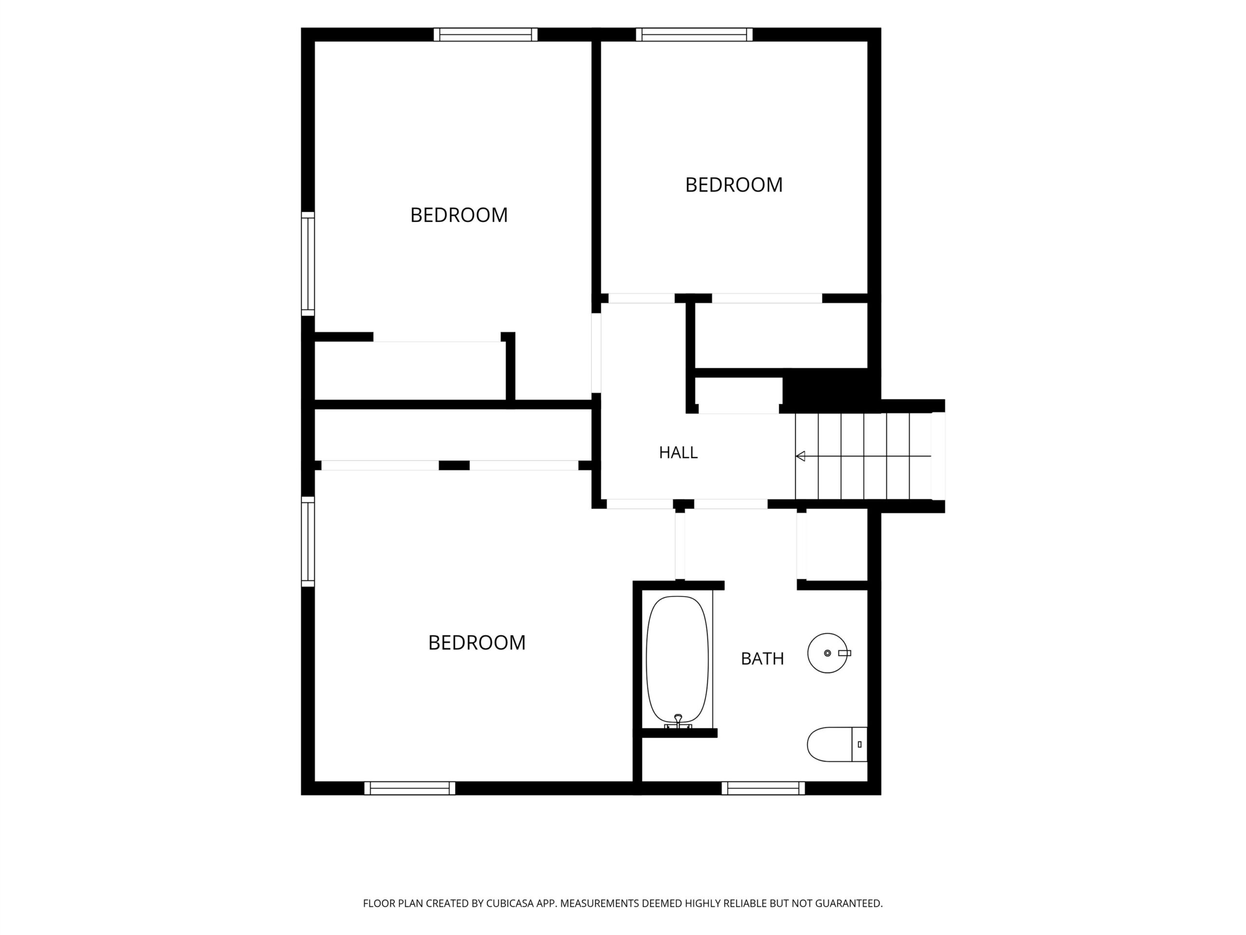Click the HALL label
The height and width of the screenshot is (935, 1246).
pyautogui.click(x=678, y=452)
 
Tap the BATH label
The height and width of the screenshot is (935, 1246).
pyautogui.click(x=762, y=658)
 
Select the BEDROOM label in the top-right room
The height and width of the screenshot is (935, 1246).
pyautogui.click(x=733, y=185)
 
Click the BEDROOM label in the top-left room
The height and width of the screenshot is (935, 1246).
pyautogui.click(x=458, y=215)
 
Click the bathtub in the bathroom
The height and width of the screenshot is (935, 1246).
pyautogui.click(x=677, y=660)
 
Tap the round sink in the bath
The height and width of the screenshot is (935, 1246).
pyautogui.click(x=827, y=653)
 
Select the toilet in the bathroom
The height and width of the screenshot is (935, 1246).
pyautogui.click(x=837, y=745)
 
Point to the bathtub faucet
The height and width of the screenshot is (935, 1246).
pyautogui.click(x=678, y=721)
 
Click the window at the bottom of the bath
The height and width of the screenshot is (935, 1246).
pyautogui.click(x=763, y=788)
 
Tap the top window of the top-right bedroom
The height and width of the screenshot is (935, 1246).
pyautogui.click(x=694, y=35)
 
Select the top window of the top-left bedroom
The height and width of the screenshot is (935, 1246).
pyautogui.click(x=486, y=35)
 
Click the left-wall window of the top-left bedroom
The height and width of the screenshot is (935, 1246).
pyautogui.click(x=308, y=264)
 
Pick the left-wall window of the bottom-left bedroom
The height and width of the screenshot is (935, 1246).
pyautogui.click(x=308, y=541)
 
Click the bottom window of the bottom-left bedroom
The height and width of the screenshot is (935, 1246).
pyautogui.click(x=409, y=788)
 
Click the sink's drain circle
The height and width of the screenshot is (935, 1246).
pyautogui.click(x=827, y=653)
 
